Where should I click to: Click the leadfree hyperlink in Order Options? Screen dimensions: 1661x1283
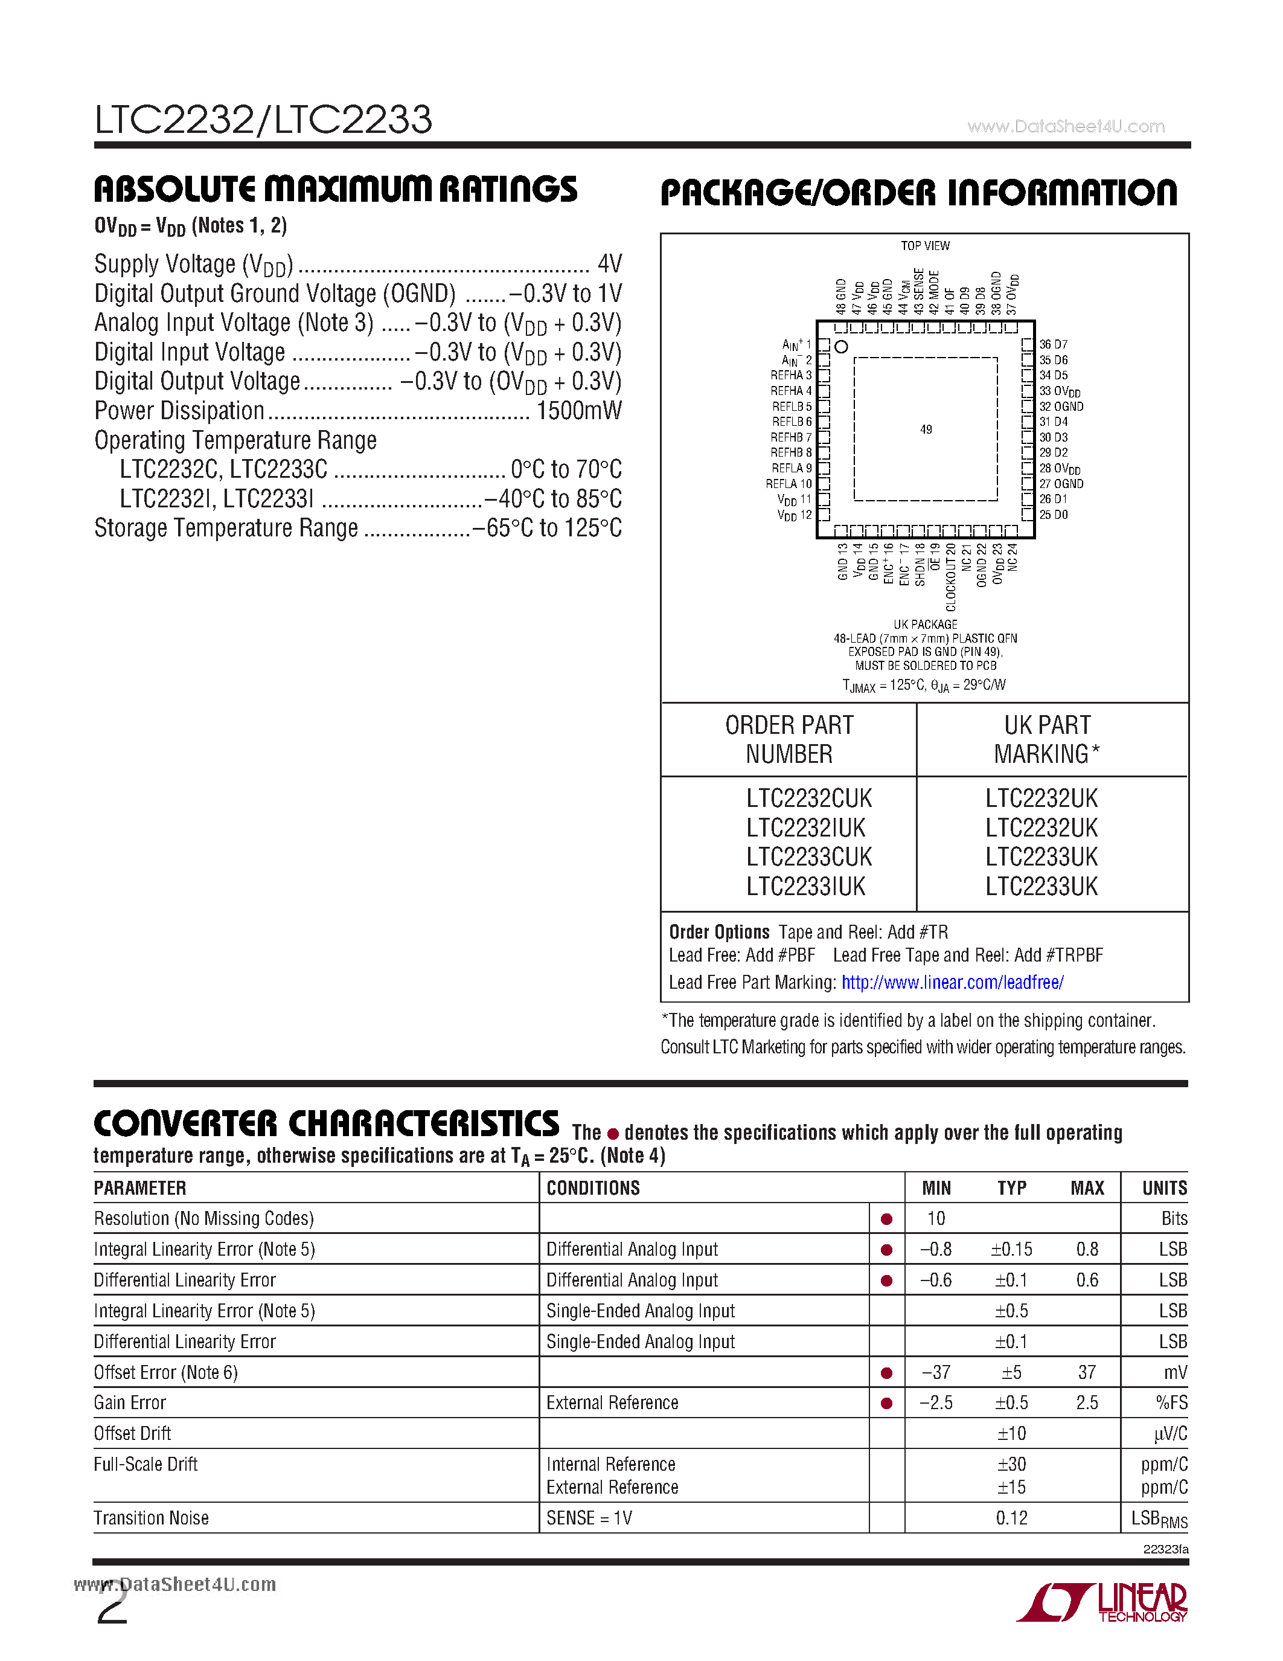pos(952,983)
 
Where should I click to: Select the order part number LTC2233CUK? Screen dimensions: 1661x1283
pos(808,857)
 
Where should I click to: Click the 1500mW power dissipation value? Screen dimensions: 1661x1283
pos(578,411)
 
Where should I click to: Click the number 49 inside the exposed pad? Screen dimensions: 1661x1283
pos(926,429)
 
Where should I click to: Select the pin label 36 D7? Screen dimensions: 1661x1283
pos(1054,344)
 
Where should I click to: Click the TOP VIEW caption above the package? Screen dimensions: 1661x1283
pos(925,246)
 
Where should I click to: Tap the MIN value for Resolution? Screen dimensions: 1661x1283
pos(936,1219)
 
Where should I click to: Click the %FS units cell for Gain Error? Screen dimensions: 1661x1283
pos(1171,1403)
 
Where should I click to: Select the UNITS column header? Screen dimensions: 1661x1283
pos(1163,1188)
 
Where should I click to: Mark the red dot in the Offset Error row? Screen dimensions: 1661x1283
pos(886,1373)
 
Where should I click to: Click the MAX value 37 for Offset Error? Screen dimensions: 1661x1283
pos(1086,1373)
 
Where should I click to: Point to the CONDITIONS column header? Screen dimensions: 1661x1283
pos(593,1188)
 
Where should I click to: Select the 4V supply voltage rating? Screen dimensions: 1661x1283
pos(610,264)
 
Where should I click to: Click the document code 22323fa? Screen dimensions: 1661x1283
pos(1165,1549)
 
